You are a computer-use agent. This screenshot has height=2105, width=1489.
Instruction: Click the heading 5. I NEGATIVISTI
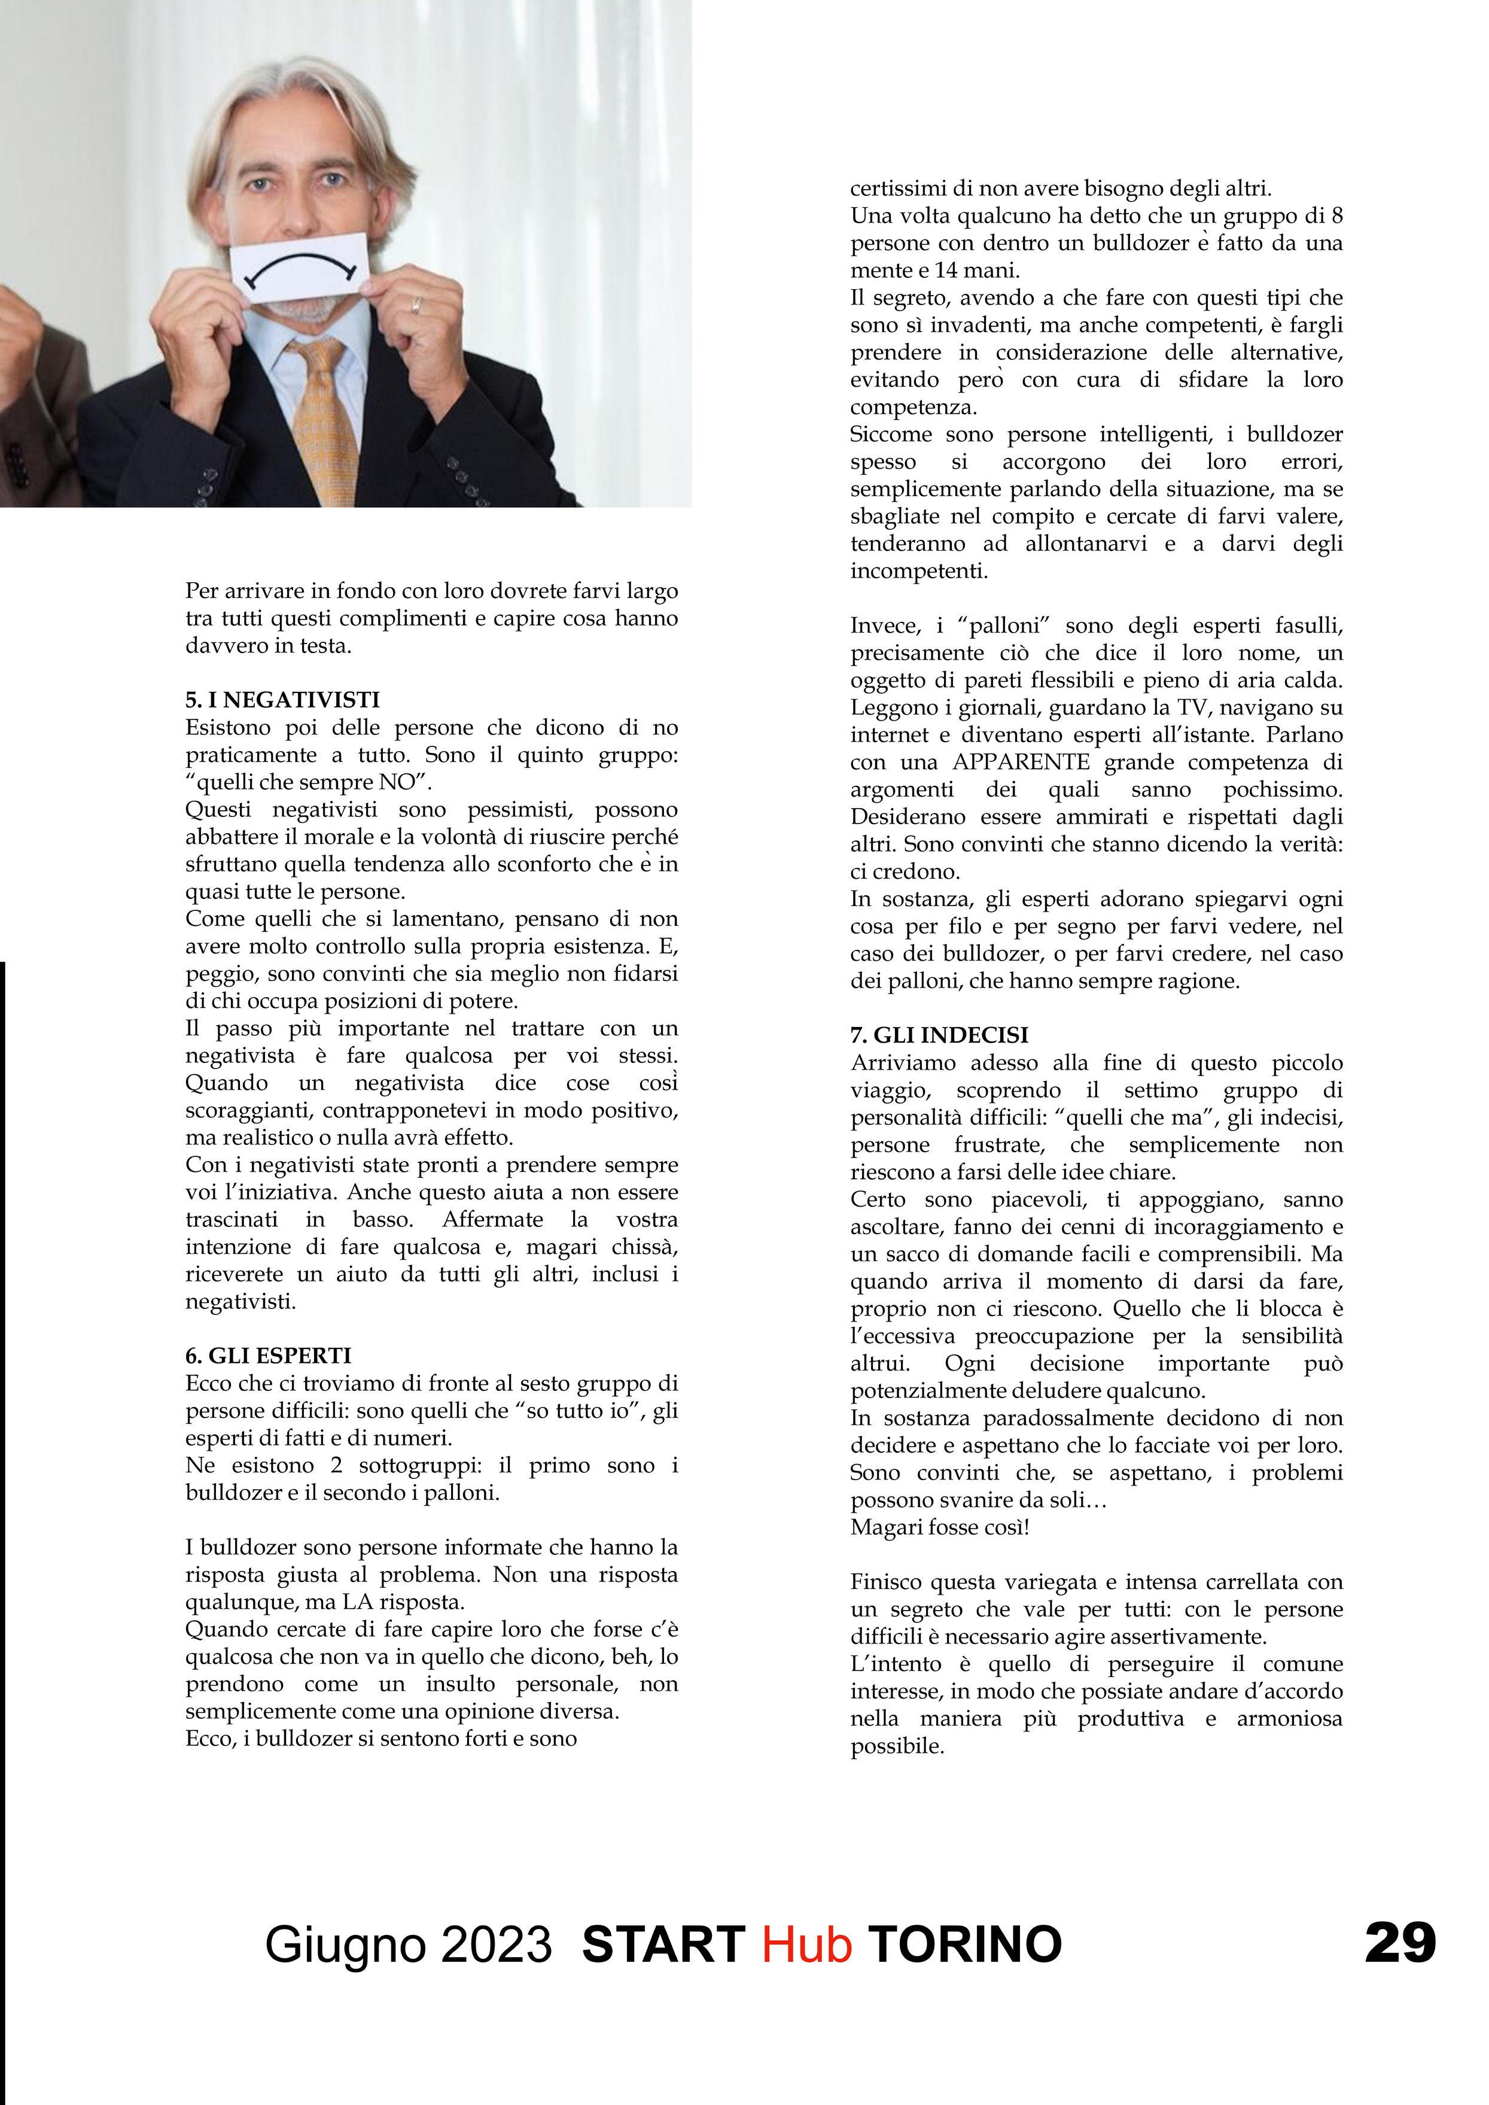(282, 700)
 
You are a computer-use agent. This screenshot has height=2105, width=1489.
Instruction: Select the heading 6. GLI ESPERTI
(268, 1356)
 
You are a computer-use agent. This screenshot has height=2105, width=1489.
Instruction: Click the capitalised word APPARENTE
(1021, 762)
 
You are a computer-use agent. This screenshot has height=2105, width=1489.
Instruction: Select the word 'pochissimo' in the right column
(1283, 789)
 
